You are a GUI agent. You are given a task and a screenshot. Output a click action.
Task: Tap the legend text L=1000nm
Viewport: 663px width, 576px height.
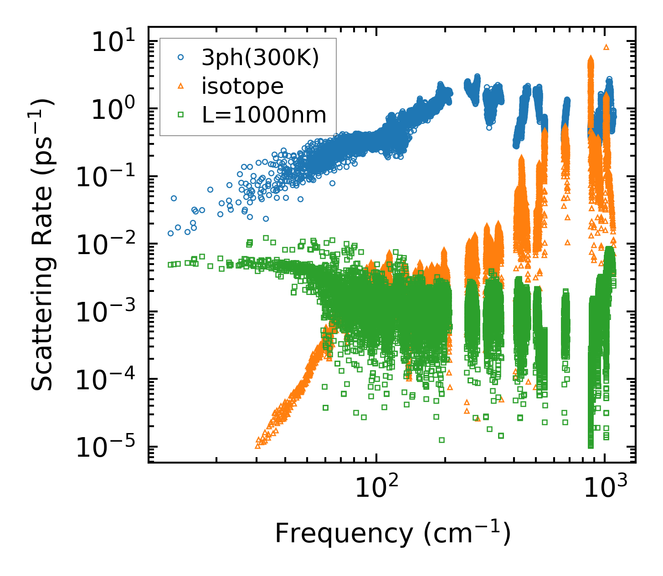264,115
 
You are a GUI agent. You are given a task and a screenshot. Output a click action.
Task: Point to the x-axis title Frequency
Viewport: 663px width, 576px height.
392,534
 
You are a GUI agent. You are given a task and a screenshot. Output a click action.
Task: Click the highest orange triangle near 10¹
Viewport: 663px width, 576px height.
606,47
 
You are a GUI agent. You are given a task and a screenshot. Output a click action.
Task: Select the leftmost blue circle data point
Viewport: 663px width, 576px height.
170,233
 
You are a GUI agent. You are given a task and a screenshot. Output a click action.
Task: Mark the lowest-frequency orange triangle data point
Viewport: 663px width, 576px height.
258,446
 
